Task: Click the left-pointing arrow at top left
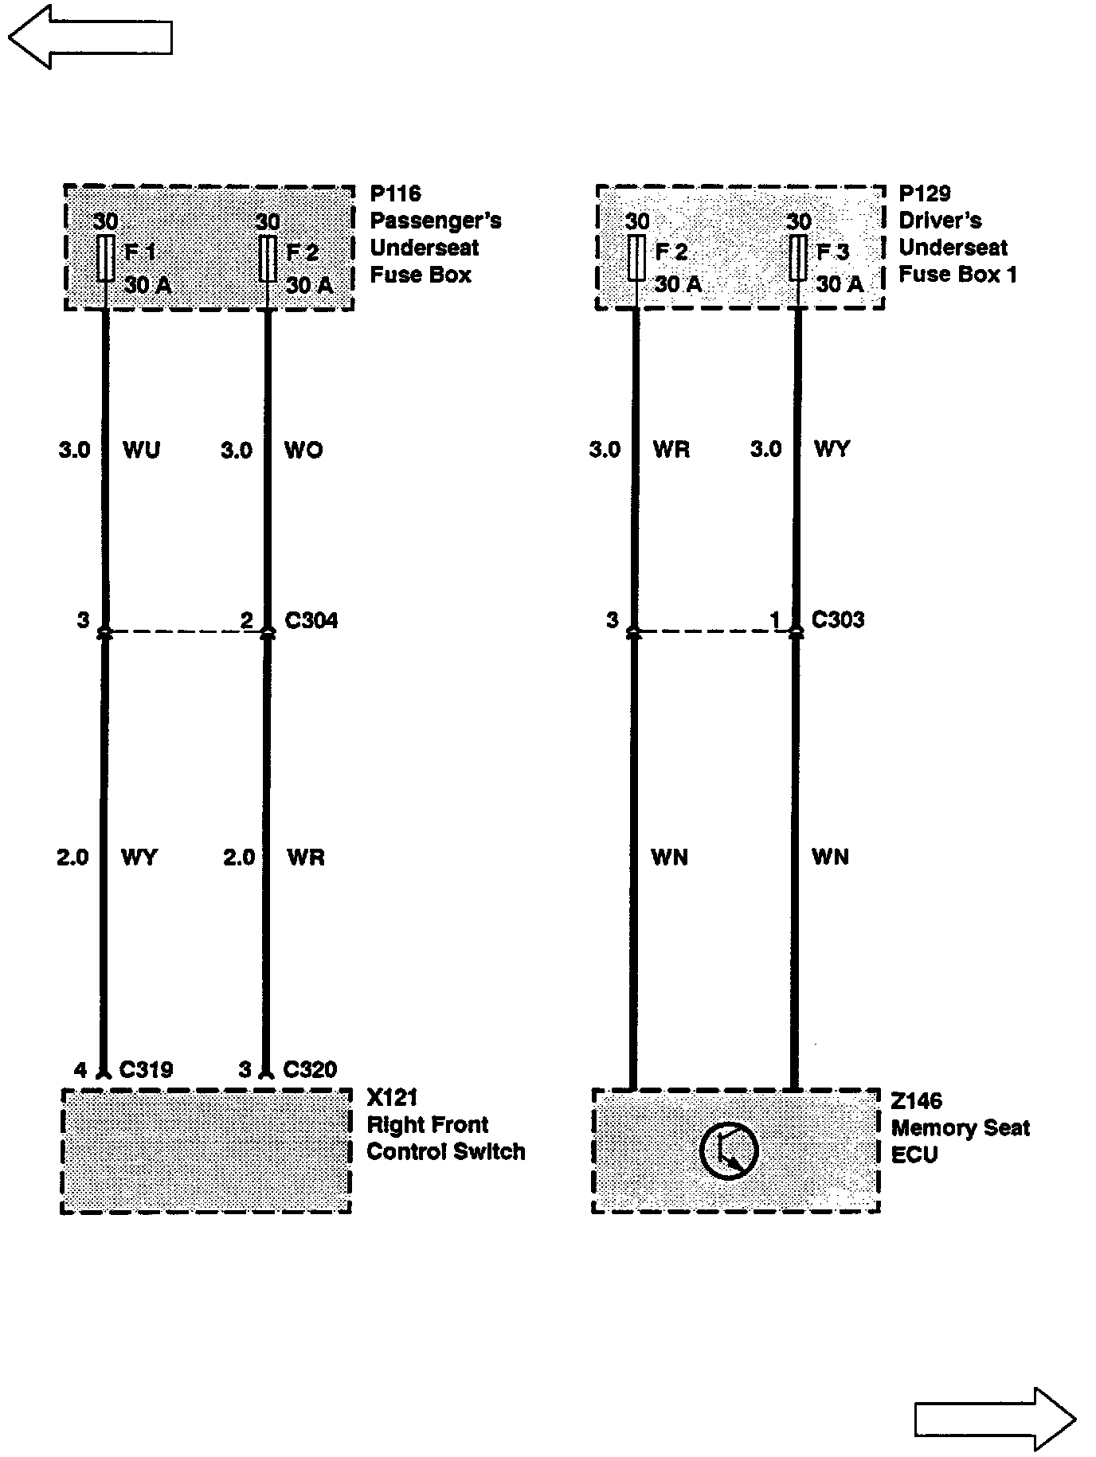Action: tap(89, 37)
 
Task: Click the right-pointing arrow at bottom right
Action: tap(995, 1420)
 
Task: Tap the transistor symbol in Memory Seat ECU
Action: tap(728, 1150)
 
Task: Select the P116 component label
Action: tap(395, 193)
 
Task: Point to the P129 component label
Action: tap(924, 193)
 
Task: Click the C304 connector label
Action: tap(311, 619)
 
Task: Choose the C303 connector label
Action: tap(837, 619)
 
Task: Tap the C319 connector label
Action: tap(146, 1069)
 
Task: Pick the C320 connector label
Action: tap(310, 1069)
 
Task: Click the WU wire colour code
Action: tap(141, 450)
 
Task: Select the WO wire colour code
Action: tap(303, 450)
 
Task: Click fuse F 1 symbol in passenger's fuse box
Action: tap(105, 258)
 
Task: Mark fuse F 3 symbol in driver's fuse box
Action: tap(797, 258)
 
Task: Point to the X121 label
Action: tap(392, 1098)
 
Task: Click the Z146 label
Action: tap(916, 1101)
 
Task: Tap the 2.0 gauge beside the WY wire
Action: tap(73, 857)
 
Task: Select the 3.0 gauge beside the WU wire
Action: tap(74, 450)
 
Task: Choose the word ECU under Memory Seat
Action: tap(914, 1154)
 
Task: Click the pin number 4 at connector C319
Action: tap(80, 1069)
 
